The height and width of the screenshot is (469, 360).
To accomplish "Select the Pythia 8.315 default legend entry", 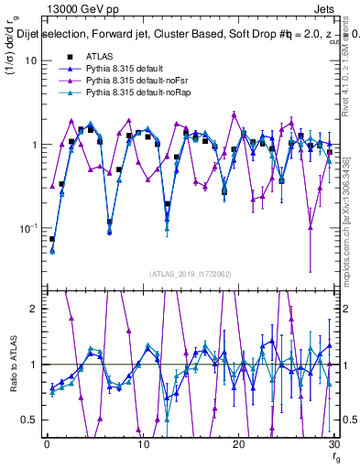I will [127, 69].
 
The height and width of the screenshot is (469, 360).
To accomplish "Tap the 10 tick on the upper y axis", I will [30, 60].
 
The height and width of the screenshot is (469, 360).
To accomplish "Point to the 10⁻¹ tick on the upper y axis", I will [27, 227].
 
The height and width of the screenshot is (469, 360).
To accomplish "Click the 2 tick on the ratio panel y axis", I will [35, 309].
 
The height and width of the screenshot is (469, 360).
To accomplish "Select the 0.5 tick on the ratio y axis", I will [31, 420].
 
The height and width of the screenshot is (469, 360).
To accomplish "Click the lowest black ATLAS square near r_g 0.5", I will [52, 238].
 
